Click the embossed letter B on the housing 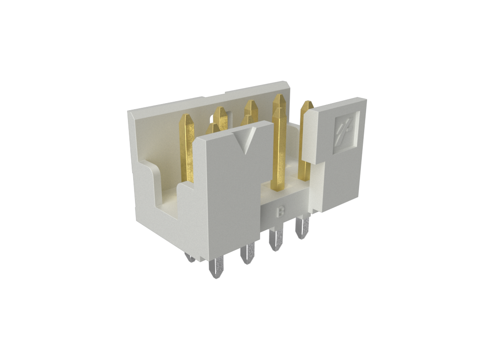click(x=280, y=212)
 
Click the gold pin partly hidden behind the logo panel click(x=305, y=141)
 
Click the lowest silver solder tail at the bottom click(x=216, y=268)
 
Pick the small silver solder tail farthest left click(x=190, y=258)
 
